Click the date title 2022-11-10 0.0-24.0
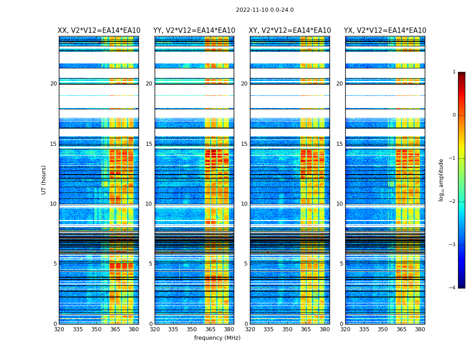(265, 10)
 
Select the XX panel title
(99, 31)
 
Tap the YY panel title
(194, 31)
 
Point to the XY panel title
(289, 31)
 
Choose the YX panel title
(385, 31)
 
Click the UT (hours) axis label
(44, 180)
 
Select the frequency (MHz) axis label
(217, 338)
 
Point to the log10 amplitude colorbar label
(441, 180)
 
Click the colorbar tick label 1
(454, 72)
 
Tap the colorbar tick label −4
(453, 288)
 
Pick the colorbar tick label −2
(453, 202)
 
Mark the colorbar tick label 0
(454, 115)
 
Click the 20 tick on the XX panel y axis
(53, 84)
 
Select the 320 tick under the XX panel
(59, 329)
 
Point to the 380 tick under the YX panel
(420, 329)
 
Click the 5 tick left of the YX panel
(341, 264)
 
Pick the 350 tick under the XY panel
(287, 329)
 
